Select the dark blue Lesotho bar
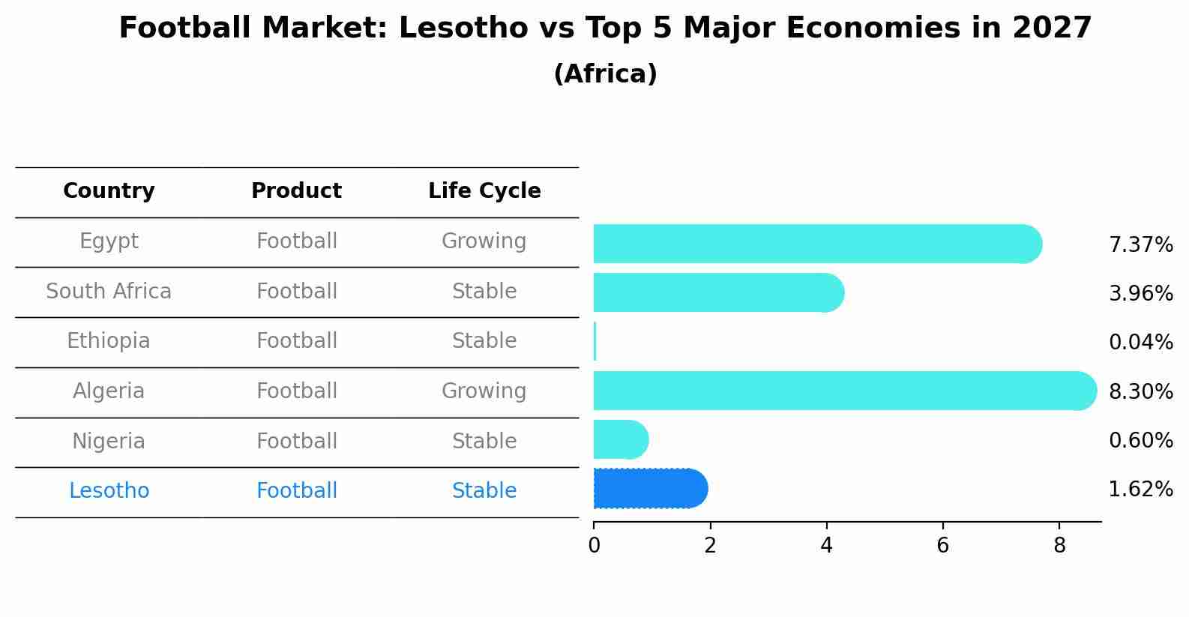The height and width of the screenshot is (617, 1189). pos(649,489)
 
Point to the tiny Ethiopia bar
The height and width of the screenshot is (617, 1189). pos(594,342)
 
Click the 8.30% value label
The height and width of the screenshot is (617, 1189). pos(1140,391)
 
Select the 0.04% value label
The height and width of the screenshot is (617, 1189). pos(1140,343)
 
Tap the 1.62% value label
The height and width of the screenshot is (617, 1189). pos(1140,490)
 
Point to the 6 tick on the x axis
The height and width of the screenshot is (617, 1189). pos(942,546)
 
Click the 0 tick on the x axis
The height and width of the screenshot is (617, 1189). pos(594,546)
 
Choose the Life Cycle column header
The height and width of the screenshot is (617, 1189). pos(484,191)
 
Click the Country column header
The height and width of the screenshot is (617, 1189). pos(109,191)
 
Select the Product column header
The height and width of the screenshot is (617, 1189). pos(296,191)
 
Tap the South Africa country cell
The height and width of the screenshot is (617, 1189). pos(109,291)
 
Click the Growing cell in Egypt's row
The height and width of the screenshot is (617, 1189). pos(484,241)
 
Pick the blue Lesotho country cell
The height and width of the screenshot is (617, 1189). pos(109,491)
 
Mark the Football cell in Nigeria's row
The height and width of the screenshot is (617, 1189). pos(296,441)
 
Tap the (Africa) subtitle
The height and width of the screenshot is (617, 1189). pos(605,74)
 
